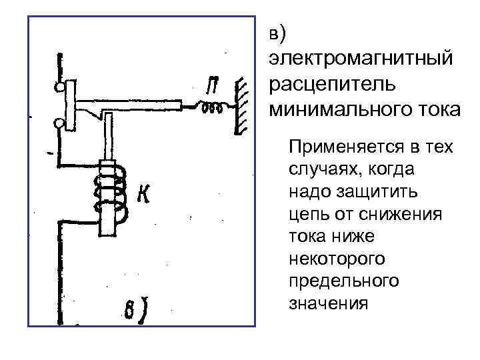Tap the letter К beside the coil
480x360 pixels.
(142, 194)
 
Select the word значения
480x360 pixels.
(328, 303)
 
